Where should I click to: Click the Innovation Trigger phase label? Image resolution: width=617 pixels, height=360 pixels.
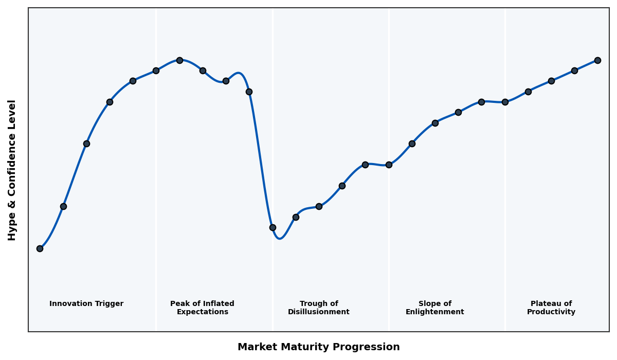pos(86,304)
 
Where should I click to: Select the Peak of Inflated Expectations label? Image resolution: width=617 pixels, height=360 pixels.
pos(202,308)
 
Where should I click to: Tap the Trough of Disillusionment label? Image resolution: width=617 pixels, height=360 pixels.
pos(319,308)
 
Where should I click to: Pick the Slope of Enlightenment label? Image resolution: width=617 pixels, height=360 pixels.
pos(435,308)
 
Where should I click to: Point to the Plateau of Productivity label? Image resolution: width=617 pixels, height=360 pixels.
pos(551,308)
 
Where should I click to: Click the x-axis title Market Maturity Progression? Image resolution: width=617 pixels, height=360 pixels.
pos(318,347)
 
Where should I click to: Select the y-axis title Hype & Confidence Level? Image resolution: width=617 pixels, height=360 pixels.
pos(12,170)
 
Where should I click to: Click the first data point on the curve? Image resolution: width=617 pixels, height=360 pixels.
pos(40,248)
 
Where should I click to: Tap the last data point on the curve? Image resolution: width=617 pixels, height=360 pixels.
pos(597,60)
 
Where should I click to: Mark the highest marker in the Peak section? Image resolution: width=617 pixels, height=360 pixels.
pos(179,60)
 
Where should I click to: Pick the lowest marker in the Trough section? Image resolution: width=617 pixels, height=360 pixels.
pos(273,227)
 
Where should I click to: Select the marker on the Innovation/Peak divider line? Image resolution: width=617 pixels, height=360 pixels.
pos(156,70)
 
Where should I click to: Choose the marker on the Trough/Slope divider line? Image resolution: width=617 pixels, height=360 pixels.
pos(389,165)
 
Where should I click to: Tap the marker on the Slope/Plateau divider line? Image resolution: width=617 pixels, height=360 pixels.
pos(505,102)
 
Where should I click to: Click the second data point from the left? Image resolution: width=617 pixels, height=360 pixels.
pos(63,206)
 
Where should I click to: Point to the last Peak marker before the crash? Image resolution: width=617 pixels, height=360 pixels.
pos(249,92)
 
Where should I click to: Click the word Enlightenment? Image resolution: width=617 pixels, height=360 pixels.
pos(435,312)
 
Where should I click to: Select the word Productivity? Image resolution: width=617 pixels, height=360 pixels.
pos(551,312)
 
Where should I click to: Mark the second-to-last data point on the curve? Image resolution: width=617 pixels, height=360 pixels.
pos(574,70)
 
